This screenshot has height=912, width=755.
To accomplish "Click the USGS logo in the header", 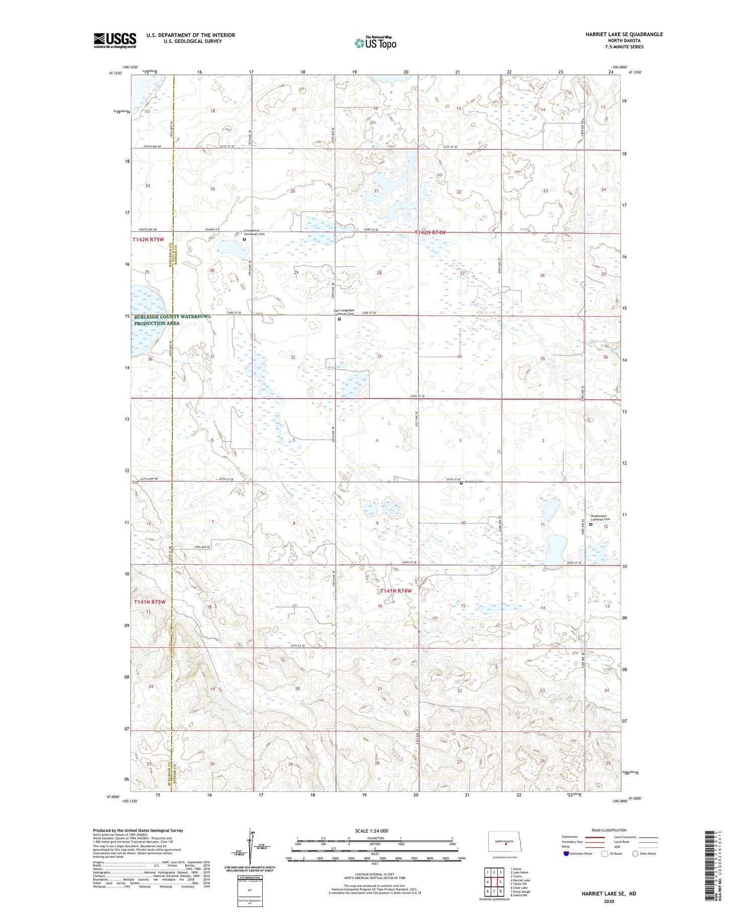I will [x=115, y=40].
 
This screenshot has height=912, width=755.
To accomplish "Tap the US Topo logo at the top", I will [x=375, y=43].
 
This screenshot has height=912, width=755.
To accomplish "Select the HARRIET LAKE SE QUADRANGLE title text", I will [x=624, y=34].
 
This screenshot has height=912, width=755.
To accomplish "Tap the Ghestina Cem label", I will [x=474, y=482].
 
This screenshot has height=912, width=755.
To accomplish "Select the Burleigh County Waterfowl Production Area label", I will [x=172, y=320].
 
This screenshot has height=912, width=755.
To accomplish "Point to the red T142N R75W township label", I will [x=148, y=240].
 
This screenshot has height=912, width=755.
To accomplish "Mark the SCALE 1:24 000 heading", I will [x=371, y=831].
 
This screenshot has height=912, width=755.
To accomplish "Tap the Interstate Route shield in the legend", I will [x=566, y=854].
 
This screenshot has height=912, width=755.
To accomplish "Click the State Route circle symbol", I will [x=635, y=854].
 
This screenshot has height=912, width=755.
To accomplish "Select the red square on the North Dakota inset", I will [x=505, y=845].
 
